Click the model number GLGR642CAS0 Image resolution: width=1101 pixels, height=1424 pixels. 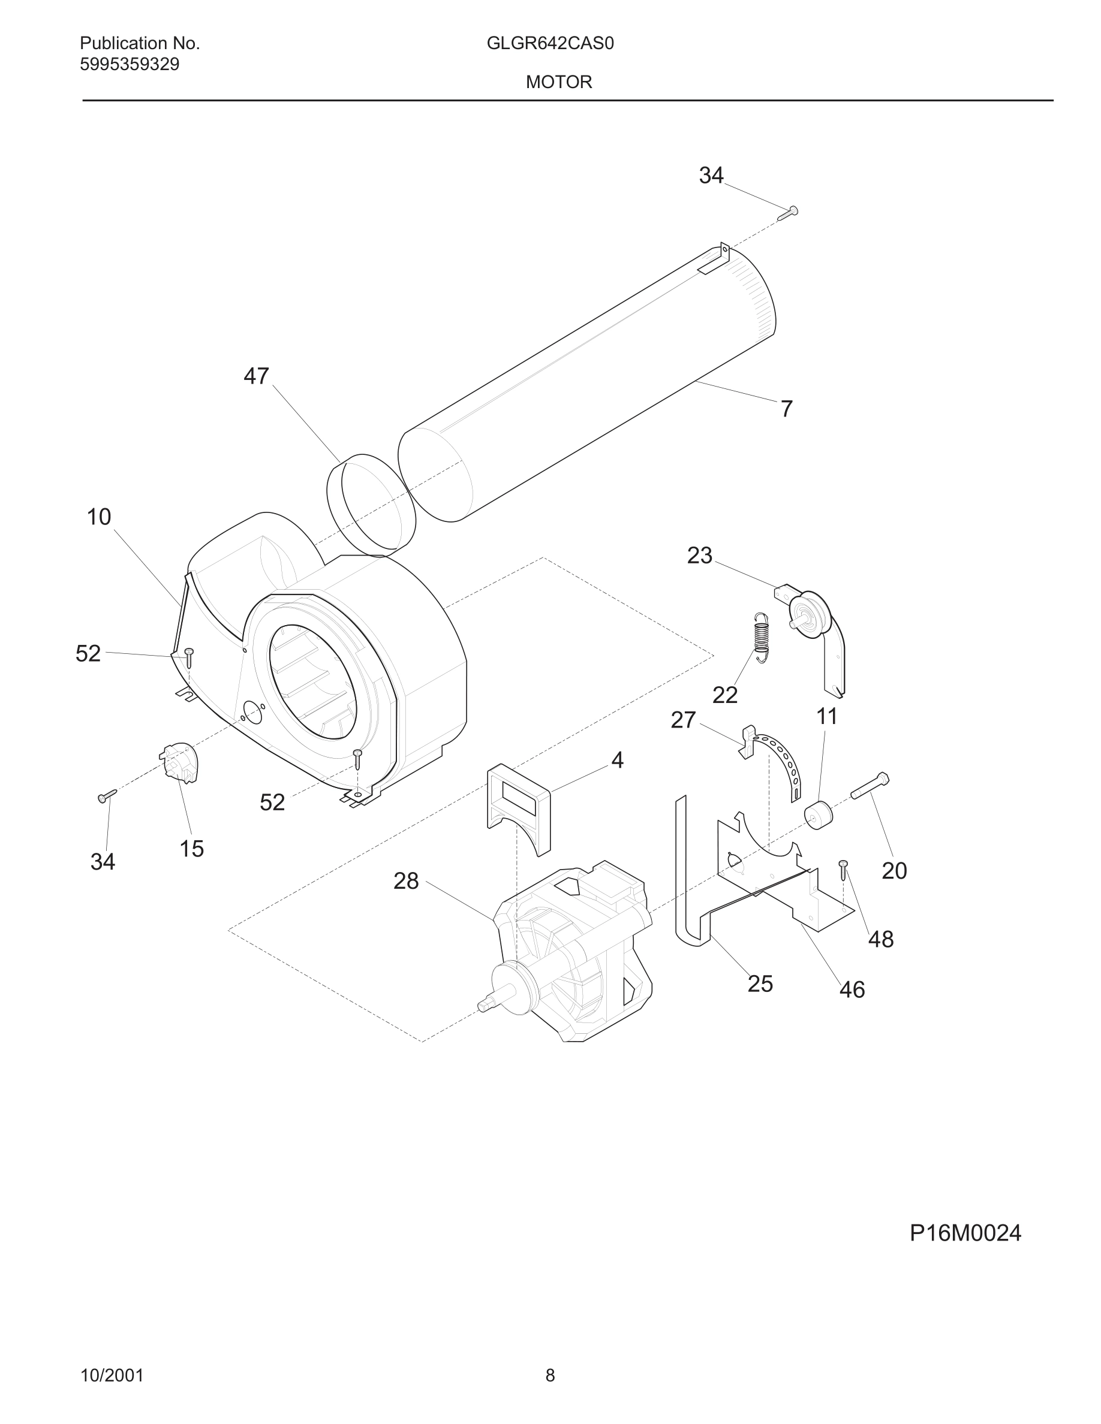(550, 44)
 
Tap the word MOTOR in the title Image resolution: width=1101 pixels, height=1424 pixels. (559, 82)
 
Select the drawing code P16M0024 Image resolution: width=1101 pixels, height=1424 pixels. (965, 1233)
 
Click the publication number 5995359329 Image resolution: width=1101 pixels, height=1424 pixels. (129, 65)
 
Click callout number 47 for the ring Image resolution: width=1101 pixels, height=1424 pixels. (255, 376)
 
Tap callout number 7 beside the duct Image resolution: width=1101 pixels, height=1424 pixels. (787, 409)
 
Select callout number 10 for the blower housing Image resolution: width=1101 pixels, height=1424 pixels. (99, 517)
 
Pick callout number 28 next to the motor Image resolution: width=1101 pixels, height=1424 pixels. (406, 881)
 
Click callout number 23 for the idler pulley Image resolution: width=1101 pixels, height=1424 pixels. (699, 556)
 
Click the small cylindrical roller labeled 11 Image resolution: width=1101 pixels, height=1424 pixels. (819, 815)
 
